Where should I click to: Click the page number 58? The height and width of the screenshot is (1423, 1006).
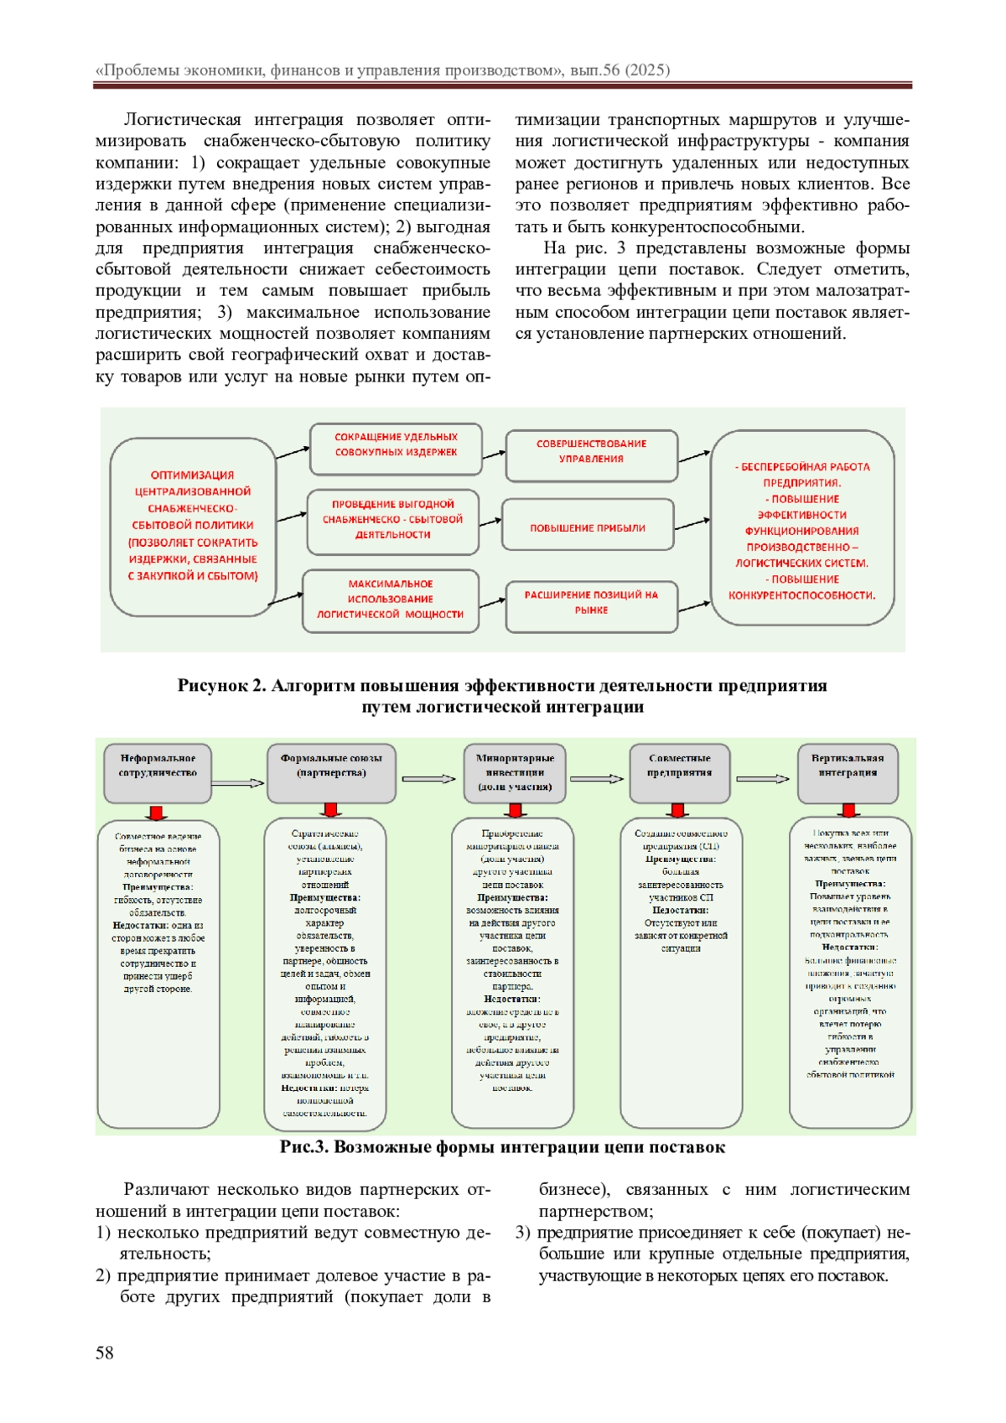(104, 1352)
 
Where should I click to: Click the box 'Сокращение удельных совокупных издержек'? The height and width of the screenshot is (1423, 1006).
(396, 445)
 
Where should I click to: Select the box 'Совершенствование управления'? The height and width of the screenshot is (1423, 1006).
(591, 451)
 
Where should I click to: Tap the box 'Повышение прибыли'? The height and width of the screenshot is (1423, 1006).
(587, 527)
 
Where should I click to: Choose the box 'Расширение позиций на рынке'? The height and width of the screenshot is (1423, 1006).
(591, 603)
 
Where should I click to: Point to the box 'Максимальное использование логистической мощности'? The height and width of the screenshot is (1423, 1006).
(390, 600)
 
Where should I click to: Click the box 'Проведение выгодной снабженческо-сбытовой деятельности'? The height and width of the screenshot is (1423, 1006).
(392, 519)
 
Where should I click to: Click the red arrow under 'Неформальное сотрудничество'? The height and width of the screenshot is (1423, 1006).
(157, 813)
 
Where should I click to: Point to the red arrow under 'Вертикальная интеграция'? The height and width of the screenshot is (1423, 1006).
(850, 810)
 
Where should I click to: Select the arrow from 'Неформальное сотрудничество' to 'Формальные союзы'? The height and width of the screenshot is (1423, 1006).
(238, 783)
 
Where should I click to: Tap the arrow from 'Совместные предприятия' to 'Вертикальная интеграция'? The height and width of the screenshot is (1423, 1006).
(763, 779)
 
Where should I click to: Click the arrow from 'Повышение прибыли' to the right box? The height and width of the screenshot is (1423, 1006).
(692, 524)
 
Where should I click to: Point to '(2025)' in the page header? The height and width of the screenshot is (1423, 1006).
(647, 70)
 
